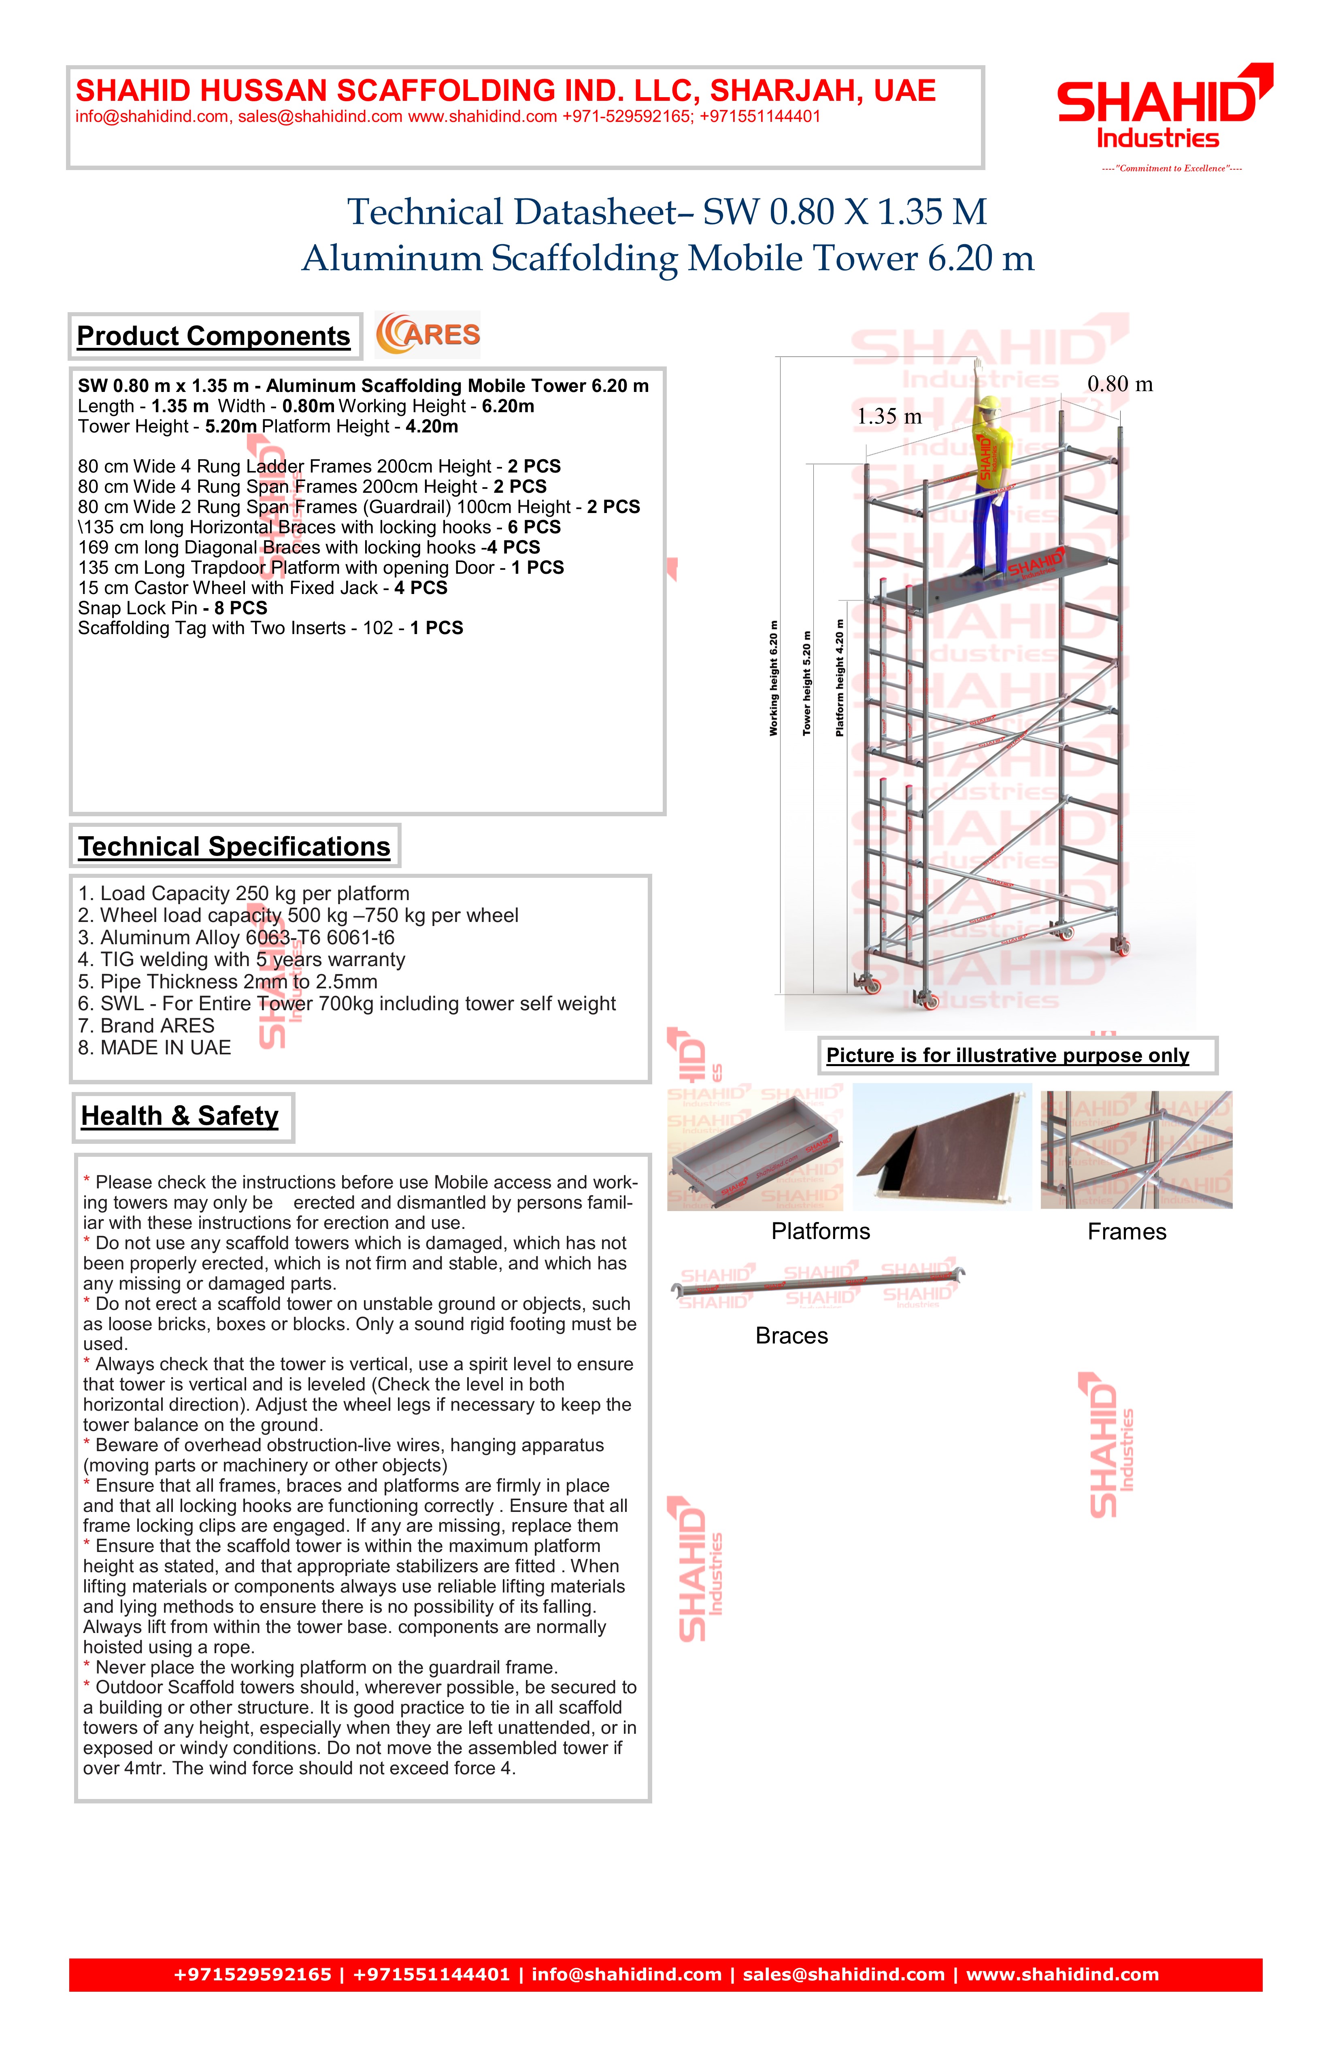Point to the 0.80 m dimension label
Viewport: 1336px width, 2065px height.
[x=1120, y=384]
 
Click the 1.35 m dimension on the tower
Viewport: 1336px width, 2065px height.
[x=889, y=417]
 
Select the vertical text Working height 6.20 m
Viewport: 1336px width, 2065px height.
[x=774, y=679]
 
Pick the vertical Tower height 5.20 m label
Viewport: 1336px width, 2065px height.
[x=807, y=684]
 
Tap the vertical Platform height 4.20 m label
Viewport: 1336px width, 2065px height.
[x=840, y=679]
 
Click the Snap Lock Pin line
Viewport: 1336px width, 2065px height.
[x=172, y=608]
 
